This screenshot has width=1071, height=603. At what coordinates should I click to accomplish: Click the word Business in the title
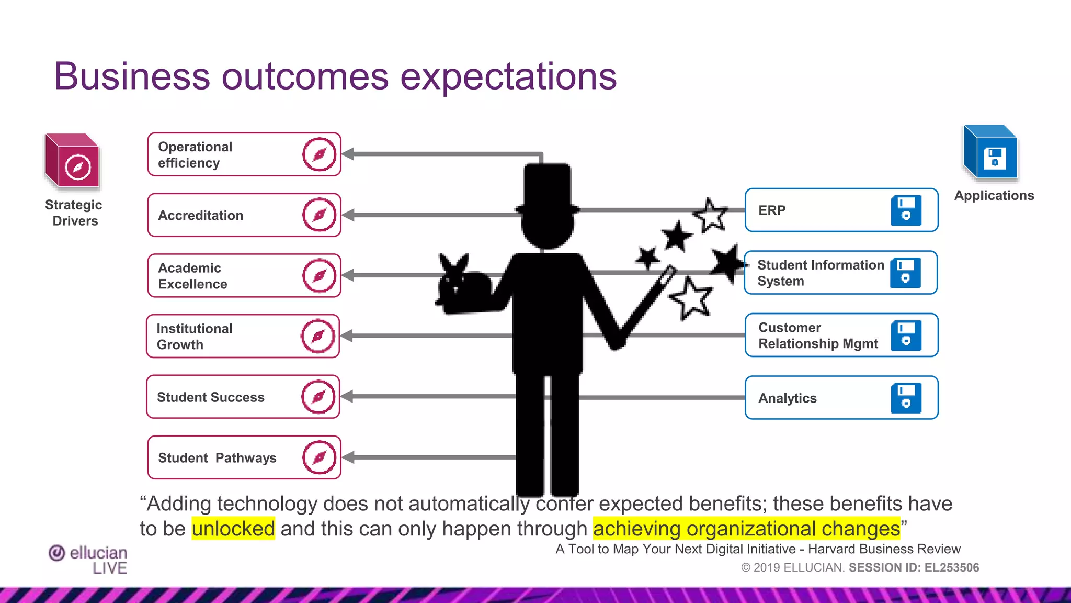tap(132, 77)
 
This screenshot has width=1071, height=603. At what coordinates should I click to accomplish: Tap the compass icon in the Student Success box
tap(318, 397)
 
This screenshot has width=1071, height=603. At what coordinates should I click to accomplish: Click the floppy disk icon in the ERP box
tap(906, 210)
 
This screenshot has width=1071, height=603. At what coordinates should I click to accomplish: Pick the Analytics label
tap(787, 398)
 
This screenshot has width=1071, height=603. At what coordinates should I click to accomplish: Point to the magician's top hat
tap(547, 188)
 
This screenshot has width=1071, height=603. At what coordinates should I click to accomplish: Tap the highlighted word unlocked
tap(233, 529)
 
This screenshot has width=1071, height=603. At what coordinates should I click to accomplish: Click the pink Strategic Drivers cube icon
tap(73, 161)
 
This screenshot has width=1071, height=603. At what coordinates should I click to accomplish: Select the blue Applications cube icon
tap(990, 153)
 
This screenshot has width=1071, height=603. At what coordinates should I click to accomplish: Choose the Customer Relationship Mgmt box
tap(840, 336)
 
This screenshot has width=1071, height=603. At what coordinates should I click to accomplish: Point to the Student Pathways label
tap(217, 458)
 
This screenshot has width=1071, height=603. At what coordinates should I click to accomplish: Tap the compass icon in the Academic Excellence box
tap(319, 275)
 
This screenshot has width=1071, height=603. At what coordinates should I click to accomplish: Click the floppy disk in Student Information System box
tap(905, 273)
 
